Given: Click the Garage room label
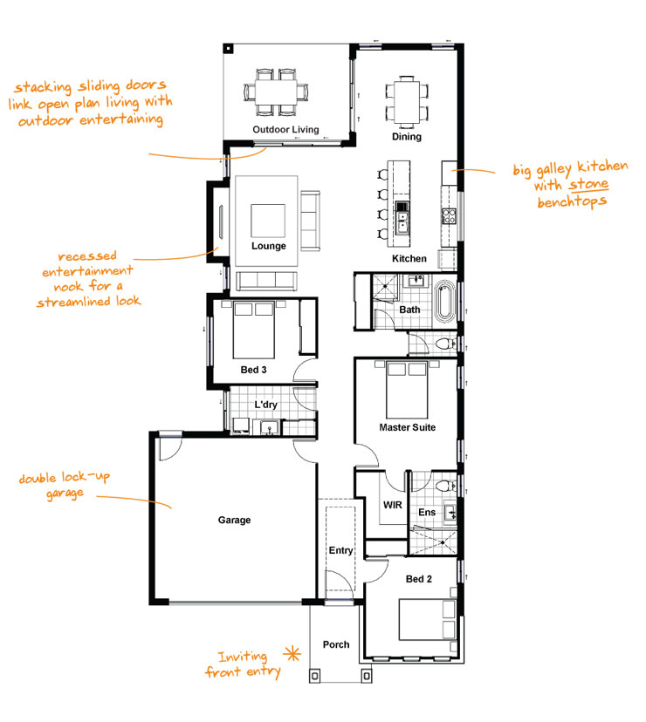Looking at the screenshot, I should pos(234,520).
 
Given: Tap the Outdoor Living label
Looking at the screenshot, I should pos(285,130).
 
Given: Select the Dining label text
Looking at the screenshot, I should pos(406,137).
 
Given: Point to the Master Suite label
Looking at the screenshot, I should pos(407,427).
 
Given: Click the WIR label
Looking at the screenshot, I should pos(391,505).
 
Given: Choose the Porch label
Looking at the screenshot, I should pos(336,645).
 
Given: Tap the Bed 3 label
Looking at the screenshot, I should pos(253,370).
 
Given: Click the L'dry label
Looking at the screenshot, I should pos(265,405).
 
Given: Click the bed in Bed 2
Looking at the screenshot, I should pos(428,620).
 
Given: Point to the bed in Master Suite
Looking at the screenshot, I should pos(407,389).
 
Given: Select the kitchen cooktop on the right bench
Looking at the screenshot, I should pos(449,216).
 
